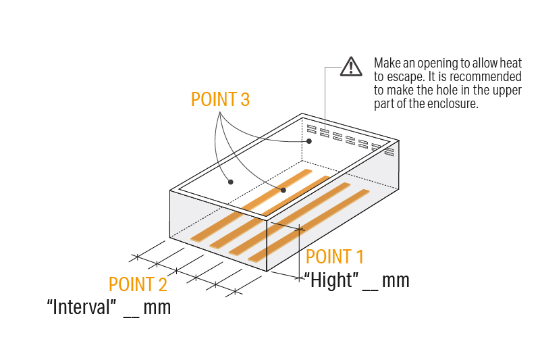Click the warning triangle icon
tap(350, 66)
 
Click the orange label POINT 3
tap(220, 99)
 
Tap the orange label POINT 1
tap(334, 257)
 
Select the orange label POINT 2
tap(138, 285)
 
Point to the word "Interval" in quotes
tap(81, 307)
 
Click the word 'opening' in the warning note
tap(436, 62)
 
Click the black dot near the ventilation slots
tap(308, 141)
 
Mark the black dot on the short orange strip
tap(283, 190)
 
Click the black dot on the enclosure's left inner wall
tap(230, 181)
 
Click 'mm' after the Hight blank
tap(396, 280)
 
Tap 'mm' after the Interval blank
tap(157, 307)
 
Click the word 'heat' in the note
tap(510, 62)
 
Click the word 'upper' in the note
tap(507, 90)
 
